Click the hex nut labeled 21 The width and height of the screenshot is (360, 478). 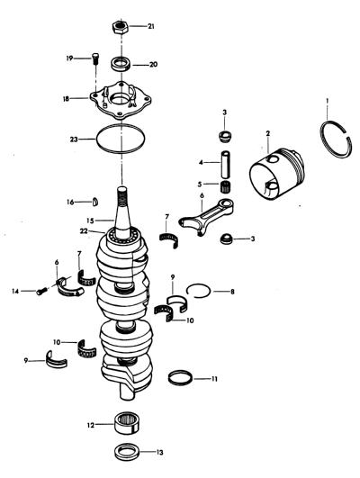121,27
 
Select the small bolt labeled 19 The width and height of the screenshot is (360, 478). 95,58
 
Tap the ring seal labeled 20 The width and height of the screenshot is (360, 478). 121,64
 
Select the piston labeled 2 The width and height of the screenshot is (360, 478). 276,173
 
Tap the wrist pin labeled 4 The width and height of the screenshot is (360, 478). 226,165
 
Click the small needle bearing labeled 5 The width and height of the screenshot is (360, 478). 226,186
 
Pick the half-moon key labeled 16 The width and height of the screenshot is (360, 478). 95,202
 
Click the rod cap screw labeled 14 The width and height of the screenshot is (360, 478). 41,291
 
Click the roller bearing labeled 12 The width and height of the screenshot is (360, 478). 126,423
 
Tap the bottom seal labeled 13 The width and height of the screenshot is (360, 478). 127,452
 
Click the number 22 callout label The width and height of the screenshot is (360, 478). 84,231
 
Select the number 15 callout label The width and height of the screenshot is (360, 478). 90,220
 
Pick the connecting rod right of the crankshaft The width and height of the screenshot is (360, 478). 207,216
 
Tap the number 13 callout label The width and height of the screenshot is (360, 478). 159,452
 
